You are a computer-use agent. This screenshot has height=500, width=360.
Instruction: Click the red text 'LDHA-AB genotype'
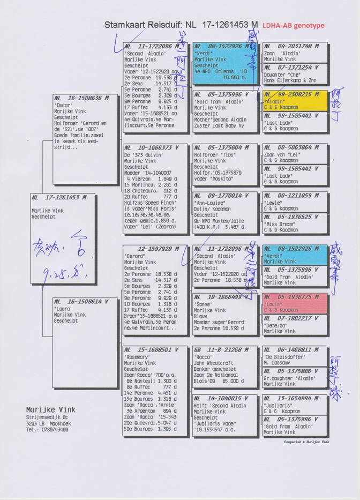click(x=294, y=25)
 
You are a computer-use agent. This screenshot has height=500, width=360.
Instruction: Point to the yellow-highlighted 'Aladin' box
click(x=295, y=101)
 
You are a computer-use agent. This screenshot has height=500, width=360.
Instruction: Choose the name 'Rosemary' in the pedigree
click(x=138, y=357)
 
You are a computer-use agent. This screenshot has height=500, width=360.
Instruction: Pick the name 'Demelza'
click(x=275, y=325)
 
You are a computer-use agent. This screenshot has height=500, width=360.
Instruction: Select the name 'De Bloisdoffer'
click(x=284, y=357)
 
